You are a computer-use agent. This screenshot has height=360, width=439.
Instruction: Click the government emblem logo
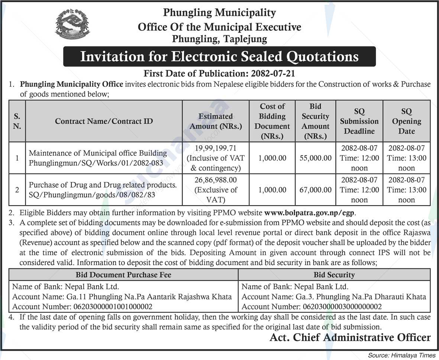[72, 24]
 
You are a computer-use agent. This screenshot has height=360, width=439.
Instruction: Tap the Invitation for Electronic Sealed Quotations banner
[219, 56]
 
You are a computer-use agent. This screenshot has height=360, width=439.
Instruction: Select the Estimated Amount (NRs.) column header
[216, 121]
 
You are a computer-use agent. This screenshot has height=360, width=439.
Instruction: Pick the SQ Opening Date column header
[406, 121]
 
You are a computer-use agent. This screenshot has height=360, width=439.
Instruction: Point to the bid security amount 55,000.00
[316, 158]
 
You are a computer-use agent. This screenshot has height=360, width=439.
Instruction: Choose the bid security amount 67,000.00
[316, 190]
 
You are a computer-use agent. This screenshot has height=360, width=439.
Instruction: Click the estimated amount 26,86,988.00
[216, 180]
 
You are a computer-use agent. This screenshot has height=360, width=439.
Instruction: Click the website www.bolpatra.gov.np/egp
[310, 213]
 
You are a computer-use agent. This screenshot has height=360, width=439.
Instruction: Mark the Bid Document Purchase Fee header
[123, 275]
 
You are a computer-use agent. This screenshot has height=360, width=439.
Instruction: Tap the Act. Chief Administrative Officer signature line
[350, 338]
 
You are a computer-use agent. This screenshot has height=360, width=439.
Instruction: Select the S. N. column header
[17, 121]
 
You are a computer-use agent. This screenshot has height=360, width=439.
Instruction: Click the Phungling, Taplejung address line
[219, 39]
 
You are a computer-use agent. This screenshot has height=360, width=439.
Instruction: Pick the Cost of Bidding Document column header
[272, 121]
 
